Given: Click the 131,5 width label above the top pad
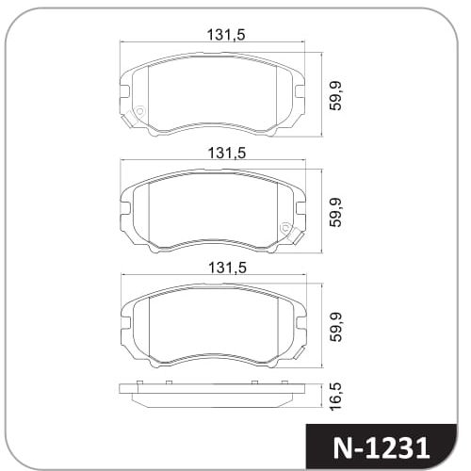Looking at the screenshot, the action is pos(226,35).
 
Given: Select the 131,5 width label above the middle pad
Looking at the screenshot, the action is pos(227,153).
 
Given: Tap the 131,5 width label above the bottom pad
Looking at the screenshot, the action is pos(228,268).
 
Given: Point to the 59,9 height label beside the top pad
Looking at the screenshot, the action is pos(335,95).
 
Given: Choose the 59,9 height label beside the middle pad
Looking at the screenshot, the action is pos(335,212).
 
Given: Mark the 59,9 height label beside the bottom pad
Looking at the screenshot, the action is pos(335,327).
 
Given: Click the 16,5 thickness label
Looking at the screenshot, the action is pos(335,396).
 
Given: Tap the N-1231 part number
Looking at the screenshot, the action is pos(381,448).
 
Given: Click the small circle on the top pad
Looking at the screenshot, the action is pos(139,111).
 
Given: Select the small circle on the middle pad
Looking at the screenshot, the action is pos(286,227).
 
